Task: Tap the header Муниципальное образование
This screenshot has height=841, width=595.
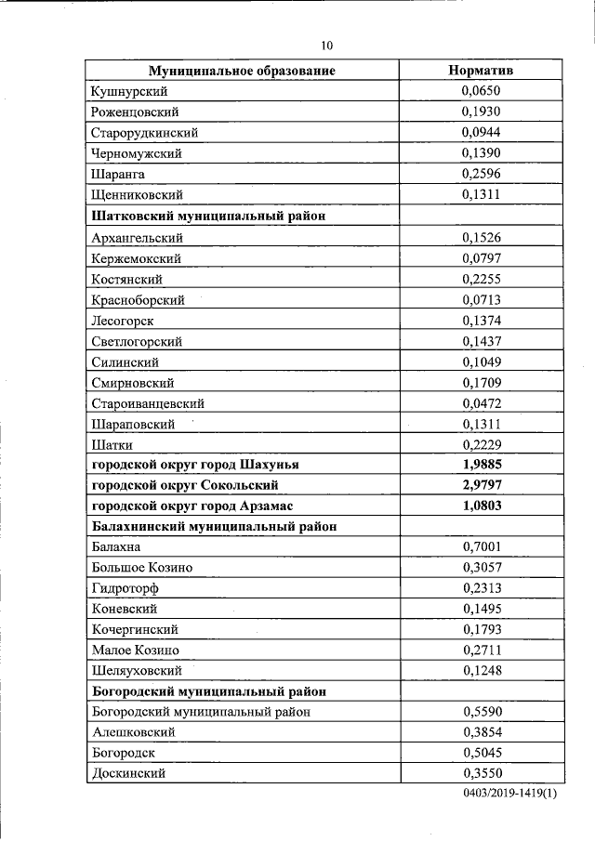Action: [242, 71]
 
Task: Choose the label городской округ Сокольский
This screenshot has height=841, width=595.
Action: [185, 485]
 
